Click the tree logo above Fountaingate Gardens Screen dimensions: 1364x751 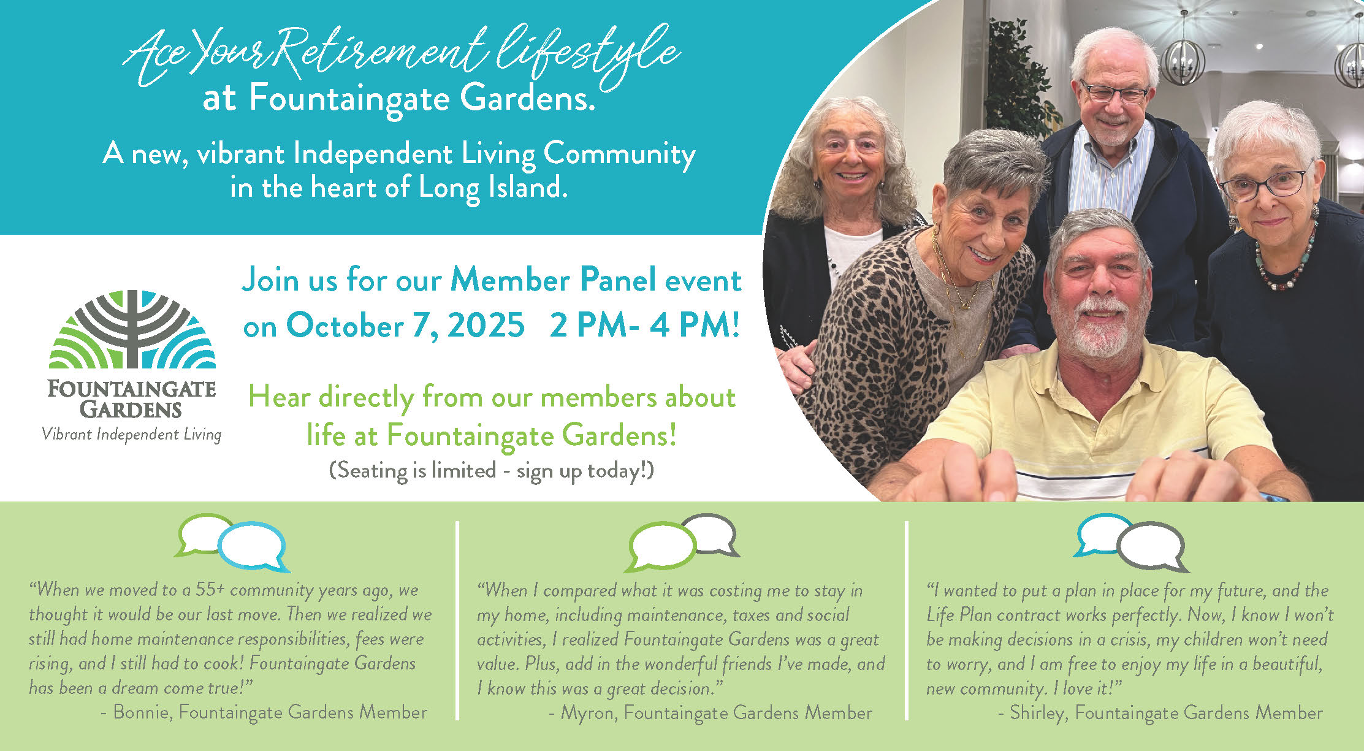point(132,329)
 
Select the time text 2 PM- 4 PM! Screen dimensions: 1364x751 point(644,325)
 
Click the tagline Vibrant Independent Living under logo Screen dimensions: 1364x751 point(132,435)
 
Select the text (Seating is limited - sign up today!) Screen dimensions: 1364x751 point(492,471)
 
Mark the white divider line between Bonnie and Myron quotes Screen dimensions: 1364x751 point(458,620)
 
